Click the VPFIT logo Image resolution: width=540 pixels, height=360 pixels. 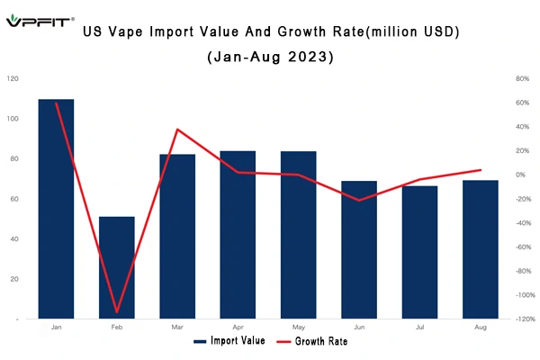(40, 21)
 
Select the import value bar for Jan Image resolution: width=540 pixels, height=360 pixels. (56, 209)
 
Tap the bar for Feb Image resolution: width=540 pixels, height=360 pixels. (117, 267)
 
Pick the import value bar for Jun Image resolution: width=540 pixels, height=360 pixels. (359, 250)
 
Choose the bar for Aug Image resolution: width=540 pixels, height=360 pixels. (481, 249)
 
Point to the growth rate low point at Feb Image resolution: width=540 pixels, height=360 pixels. (117, 311)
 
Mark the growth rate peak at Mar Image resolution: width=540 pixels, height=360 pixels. (177, 130)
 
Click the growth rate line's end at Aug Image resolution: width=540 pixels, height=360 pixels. (481, 170)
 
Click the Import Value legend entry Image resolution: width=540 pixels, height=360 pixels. (229, 341)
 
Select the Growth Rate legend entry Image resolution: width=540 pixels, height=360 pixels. (312, 341)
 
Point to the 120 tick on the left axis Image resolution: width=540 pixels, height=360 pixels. (13, 78)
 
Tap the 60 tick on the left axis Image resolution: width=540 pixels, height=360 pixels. (14, 199)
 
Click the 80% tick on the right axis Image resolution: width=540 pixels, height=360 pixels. (522, 78)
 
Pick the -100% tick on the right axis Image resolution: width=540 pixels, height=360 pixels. (526, 295)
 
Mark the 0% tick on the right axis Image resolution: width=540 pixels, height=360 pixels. (520, 175)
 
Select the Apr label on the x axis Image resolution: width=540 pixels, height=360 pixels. (238, 327)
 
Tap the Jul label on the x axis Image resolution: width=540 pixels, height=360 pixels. (419, 327)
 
